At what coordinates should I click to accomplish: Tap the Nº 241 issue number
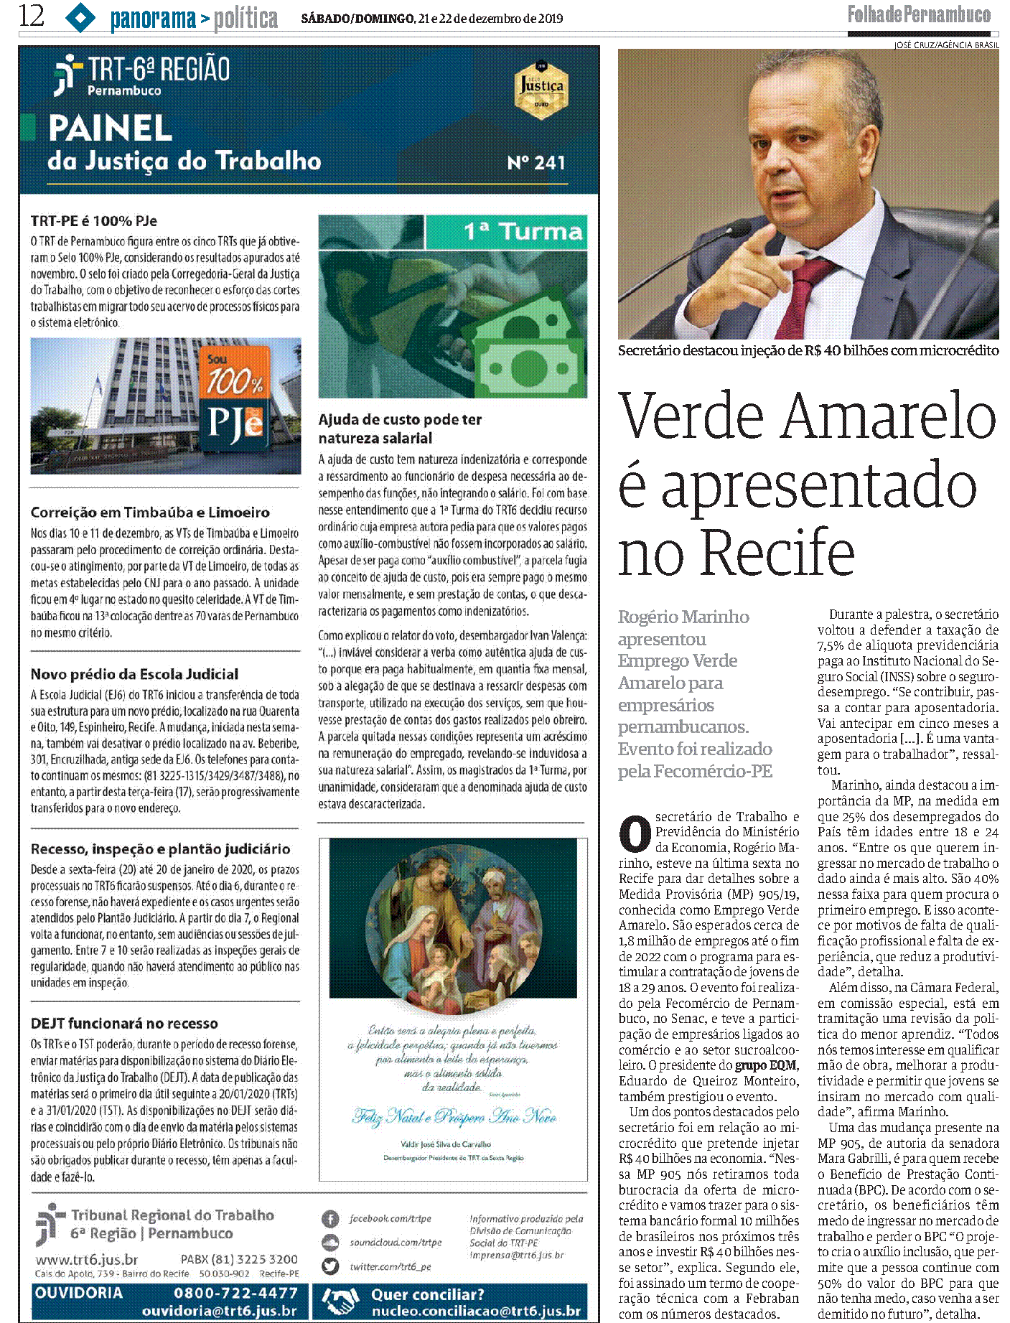point(536,163)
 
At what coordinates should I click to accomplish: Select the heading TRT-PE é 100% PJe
point(93,221)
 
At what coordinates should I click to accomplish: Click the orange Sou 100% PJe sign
point(235,399)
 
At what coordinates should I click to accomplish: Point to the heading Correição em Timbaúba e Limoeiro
point(150,513)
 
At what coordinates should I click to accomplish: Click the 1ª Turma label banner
point(506,232)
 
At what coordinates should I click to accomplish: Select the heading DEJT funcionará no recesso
point(124,1024)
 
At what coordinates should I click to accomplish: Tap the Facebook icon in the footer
point(329,1219)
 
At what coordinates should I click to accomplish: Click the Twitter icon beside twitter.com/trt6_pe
point(329,1266)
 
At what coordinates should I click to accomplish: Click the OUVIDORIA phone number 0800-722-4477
point(235,1293)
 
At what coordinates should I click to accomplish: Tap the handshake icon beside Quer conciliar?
point(340,1301)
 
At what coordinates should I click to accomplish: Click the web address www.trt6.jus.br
point(87,1260)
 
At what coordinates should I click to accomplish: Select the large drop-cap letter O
point(635,834)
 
